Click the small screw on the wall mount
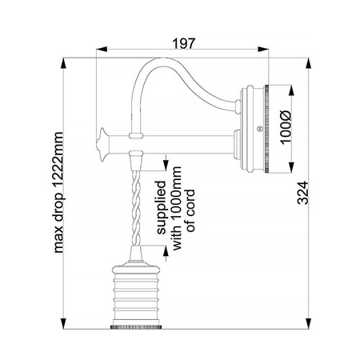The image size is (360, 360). pyautogui.click(x=258, y=129)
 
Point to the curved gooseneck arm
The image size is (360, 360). pyautogui.click(x=172, y=76)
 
